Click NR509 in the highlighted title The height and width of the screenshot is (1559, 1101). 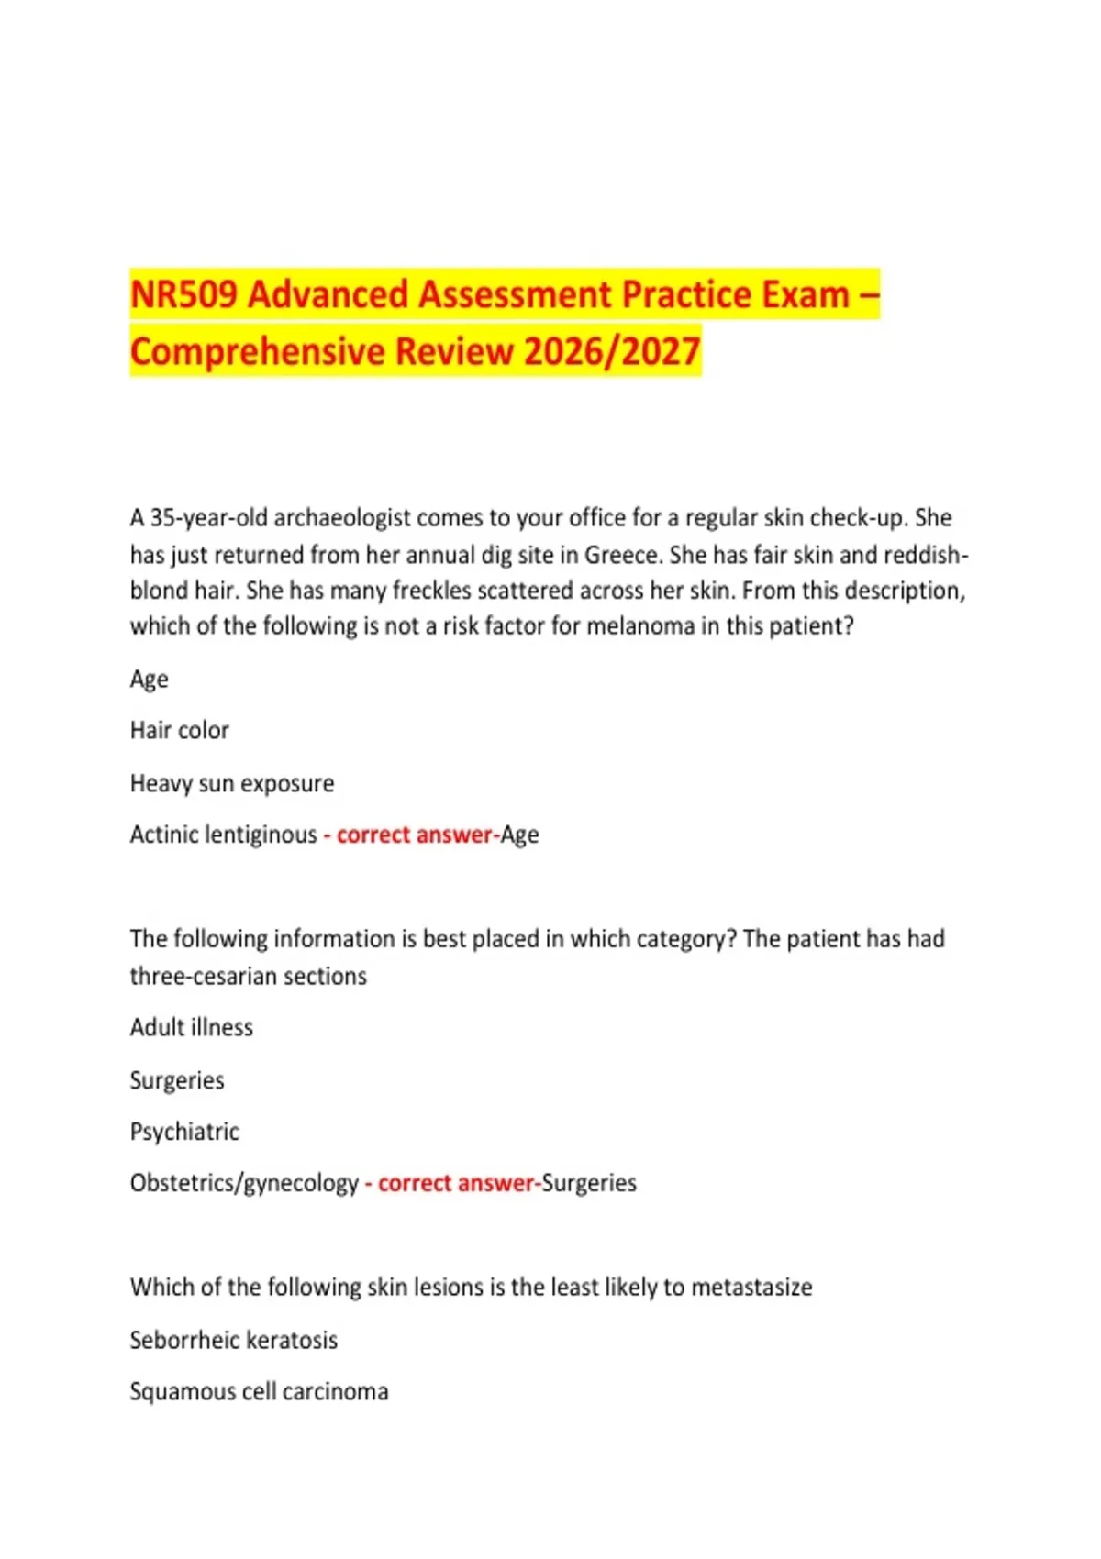(183, 295)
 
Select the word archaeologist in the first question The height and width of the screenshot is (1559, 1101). (341, 518)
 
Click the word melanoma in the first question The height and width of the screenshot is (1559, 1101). (640, 626)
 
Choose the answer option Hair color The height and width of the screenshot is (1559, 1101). (179, 731)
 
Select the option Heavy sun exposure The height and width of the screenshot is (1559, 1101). (232, 783)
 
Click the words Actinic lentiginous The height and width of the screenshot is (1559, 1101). (223, 835)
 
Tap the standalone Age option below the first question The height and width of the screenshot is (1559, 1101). (149, 680)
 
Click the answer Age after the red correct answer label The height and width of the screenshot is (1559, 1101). (519, 835)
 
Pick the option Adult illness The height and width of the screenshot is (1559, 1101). (191, 1027)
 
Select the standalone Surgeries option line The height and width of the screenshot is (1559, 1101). (177, 1080)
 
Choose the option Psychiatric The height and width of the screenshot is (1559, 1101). (184, 1132)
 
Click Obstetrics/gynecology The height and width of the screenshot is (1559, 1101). (244, 1183)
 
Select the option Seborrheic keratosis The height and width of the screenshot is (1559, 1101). (233, 1340)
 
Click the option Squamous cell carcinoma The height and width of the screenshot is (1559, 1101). (259, 1391)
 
